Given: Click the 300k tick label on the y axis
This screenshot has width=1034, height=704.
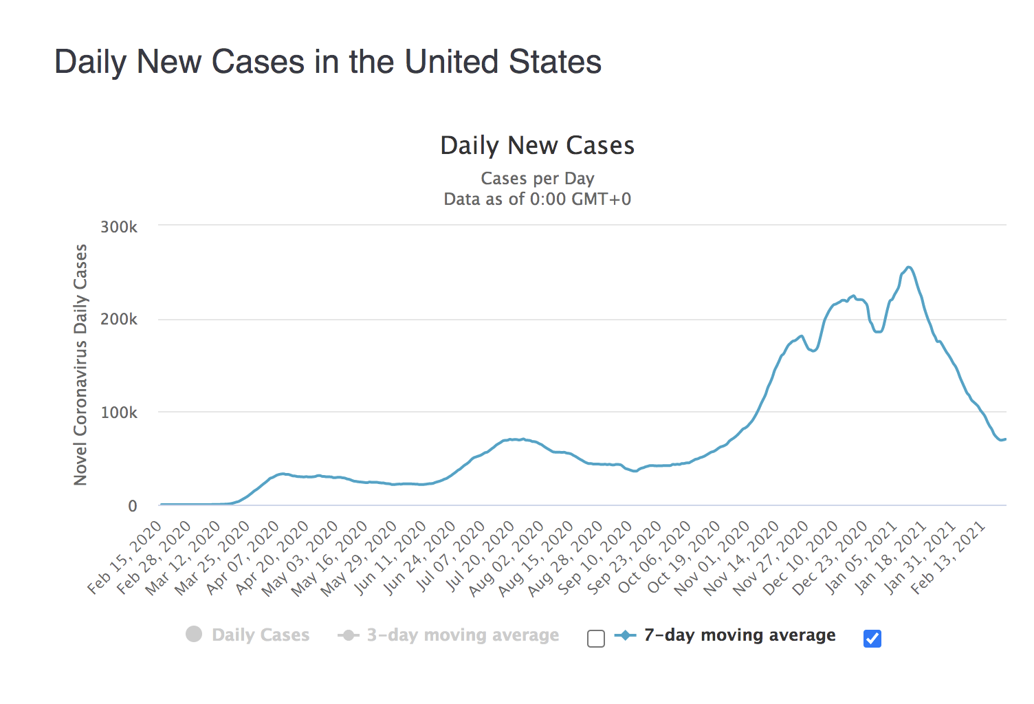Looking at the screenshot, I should point(119,227).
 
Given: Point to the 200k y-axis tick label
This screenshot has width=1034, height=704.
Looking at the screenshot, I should point(119,319).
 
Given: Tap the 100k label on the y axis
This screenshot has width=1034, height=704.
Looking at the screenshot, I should point(119,412).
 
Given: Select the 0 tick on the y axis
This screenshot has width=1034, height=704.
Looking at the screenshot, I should point(132,506).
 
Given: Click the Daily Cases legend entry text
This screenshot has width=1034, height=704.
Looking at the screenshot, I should point(261,635).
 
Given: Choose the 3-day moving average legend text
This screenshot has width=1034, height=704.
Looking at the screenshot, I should point(463,635).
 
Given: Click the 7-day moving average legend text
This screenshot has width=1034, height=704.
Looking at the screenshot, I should point(740,635).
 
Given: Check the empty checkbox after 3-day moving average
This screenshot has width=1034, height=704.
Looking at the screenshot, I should point(596,639).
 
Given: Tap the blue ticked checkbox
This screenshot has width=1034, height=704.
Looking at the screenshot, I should point(872,639).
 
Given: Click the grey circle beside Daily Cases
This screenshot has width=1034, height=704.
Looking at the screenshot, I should point(194,634).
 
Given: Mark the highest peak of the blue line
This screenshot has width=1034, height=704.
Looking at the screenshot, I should point(909,267).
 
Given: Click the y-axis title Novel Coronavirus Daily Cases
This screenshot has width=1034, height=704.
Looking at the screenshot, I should point(81,364).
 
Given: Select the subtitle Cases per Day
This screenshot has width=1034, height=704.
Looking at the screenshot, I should point(538,179).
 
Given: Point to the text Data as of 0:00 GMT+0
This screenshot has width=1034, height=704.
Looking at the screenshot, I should point(538,199).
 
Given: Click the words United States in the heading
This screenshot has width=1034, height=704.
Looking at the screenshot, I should point(503,62).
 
